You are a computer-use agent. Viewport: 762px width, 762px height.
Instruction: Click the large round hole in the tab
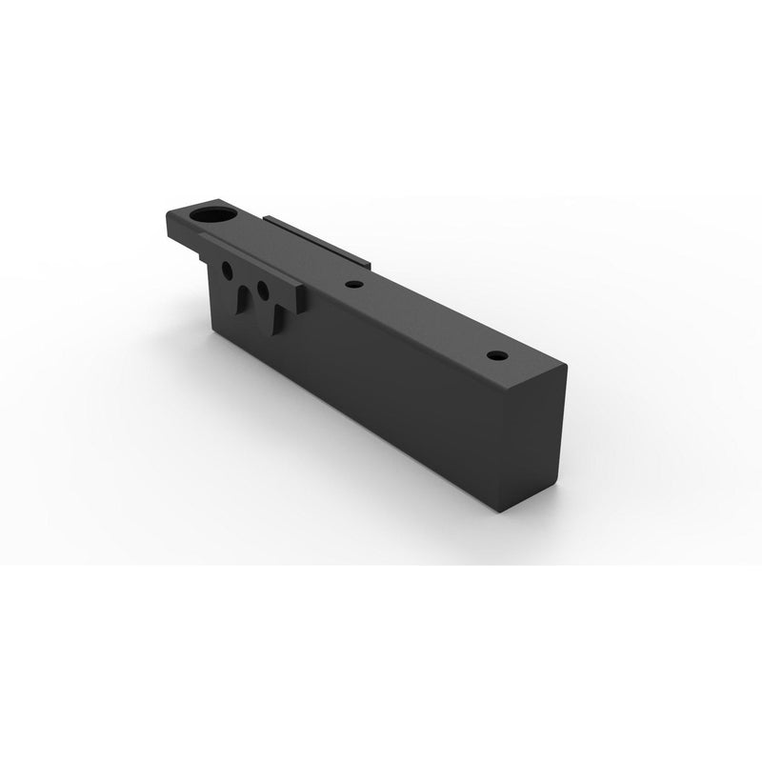[x=213, y=215]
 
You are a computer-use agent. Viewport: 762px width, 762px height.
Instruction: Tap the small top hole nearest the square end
[x=494, y=355]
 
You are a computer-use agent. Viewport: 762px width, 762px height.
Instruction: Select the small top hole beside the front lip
[x=353, y=284]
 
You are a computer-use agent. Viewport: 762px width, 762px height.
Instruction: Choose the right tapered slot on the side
[x=275, y=317]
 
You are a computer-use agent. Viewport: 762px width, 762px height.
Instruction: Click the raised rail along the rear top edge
[x=314, y=239]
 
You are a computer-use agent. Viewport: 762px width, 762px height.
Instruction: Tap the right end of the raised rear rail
[x=369, y=262]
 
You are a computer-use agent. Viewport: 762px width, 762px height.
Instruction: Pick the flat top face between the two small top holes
[x=424, y=319]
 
